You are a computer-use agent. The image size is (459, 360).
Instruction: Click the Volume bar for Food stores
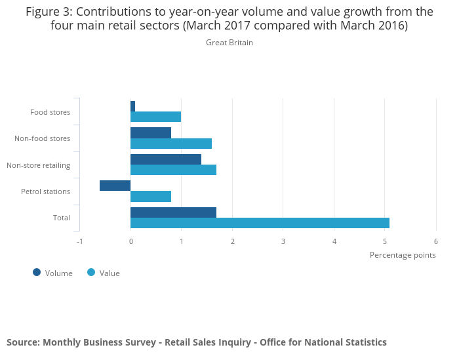coord(133,106)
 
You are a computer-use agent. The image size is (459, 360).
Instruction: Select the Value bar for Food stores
coord(155,117)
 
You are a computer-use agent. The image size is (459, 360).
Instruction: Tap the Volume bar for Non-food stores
coord(151,133)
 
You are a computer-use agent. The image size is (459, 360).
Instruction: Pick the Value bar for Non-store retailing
coord(173,170)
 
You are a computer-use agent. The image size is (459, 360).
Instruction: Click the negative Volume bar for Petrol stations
coord(115,186)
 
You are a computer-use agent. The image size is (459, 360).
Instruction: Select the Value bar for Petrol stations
coord(151,196)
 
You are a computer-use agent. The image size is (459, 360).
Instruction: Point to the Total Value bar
coord(260,223)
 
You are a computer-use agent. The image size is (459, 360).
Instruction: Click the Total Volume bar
coord(173,212)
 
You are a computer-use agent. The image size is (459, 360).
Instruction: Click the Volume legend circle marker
coord(37,272)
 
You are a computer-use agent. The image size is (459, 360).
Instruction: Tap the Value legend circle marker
coord(91,272)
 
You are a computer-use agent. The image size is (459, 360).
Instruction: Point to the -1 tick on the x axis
coord(80,241)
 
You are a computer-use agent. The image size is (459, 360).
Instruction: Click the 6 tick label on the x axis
coord(436,241)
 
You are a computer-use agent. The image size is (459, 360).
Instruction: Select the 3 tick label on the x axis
coord(283,241)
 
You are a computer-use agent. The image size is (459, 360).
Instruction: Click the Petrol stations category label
coord(45,191)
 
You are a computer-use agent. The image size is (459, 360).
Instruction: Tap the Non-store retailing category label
coord(39,165)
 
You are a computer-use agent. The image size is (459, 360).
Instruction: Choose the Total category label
coord(62,218)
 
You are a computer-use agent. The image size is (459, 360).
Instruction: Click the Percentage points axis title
coord(403,255)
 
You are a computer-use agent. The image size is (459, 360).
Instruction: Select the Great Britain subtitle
coord(229,43)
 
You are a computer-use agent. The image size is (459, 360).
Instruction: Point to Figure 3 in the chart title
coord(48,12)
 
